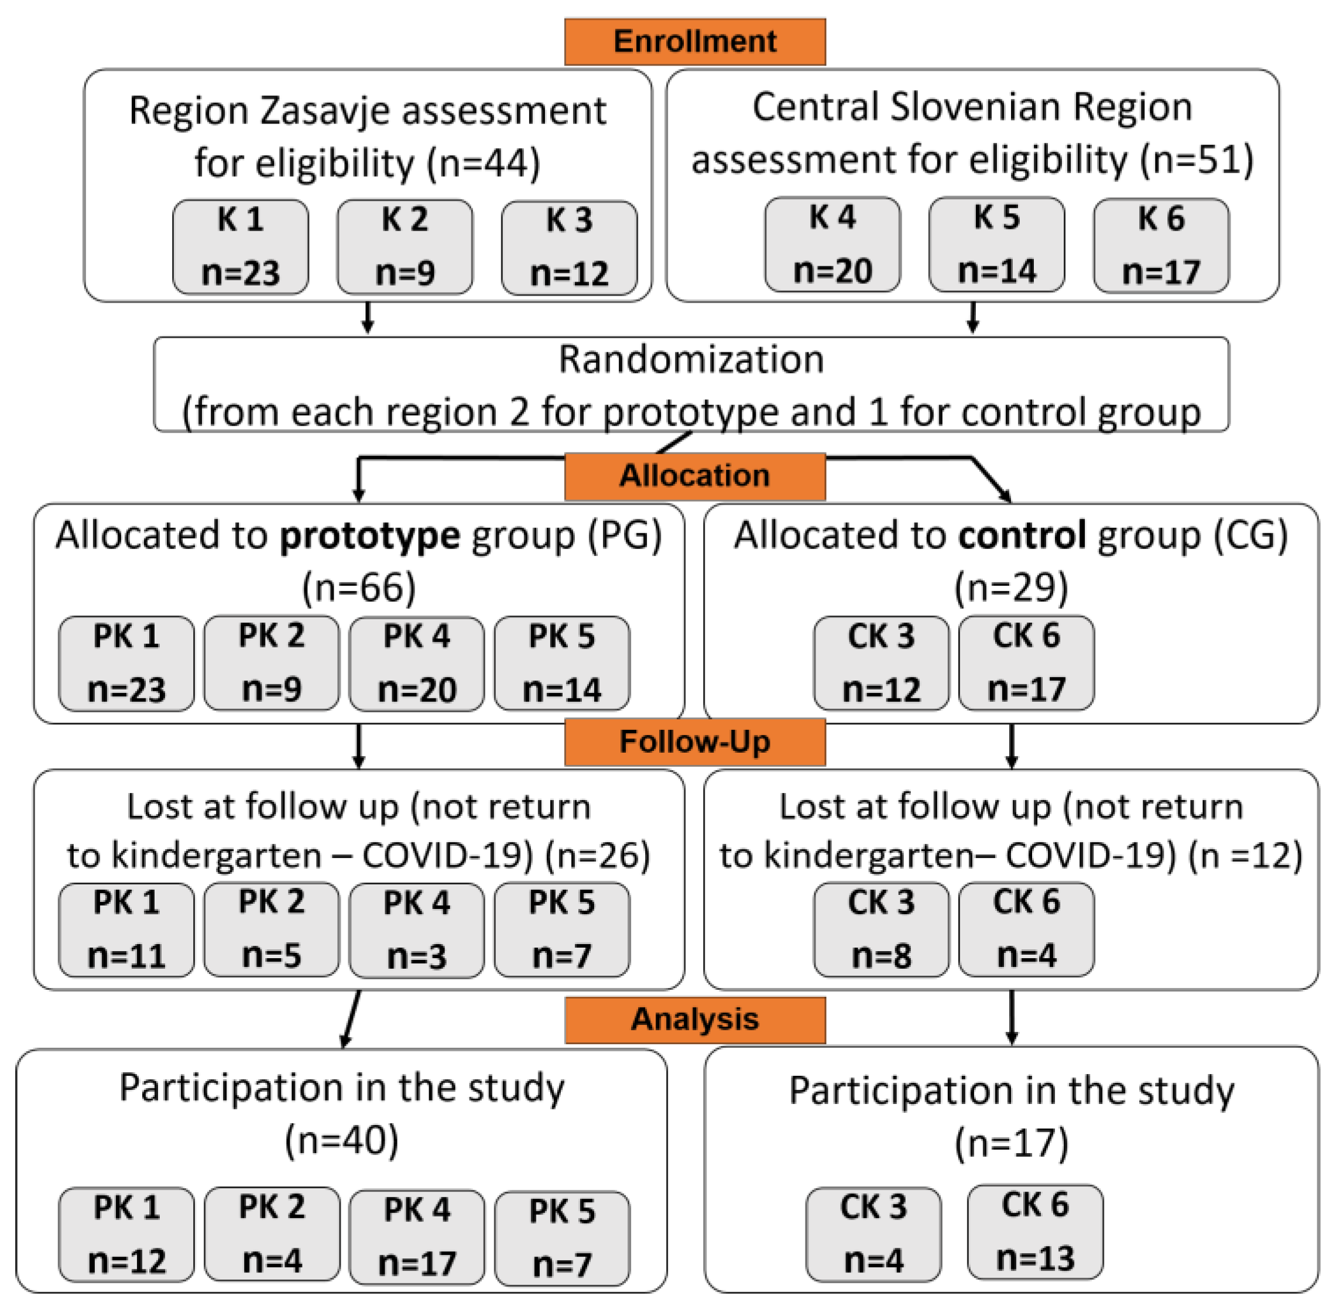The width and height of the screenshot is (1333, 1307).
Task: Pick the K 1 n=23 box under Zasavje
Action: coord(240,246)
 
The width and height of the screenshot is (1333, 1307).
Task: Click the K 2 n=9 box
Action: coord(405,246)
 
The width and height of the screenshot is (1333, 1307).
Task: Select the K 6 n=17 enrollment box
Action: coord(1161,245)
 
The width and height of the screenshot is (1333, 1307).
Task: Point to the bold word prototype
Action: coord(369,536)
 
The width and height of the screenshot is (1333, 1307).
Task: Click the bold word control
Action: coord(1022,536)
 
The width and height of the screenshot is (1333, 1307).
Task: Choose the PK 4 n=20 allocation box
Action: coord(417,663)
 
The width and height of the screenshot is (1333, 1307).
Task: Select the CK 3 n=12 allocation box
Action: coord(881,663)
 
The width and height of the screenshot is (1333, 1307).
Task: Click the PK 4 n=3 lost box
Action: coord(417,929)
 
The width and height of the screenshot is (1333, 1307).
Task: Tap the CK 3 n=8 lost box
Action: coord(881,929)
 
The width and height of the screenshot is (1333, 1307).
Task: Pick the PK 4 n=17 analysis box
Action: coord(417,1236)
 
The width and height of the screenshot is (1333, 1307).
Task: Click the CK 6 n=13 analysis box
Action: coord(1034,1231)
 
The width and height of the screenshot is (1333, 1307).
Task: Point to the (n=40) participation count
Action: coord(341,1140)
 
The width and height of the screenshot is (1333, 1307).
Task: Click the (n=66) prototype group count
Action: coord(358,588)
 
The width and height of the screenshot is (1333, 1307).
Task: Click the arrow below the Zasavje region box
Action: coord(367,318)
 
